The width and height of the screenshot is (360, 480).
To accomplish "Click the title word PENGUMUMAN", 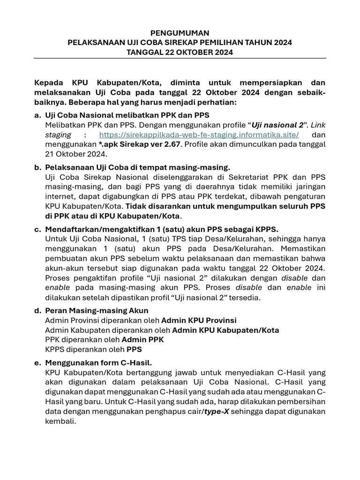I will coord(180,33).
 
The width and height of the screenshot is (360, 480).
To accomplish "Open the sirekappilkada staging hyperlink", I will coord(199,135).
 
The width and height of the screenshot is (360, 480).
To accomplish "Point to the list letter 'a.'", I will coord(38,115).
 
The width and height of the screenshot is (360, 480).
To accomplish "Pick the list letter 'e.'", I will coord(38,362).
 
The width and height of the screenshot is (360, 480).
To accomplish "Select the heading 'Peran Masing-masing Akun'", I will coord(97,310).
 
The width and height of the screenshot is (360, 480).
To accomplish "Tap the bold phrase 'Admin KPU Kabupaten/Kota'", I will coord(225,330).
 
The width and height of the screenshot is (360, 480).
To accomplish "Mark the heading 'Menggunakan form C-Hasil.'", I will coord(98,362).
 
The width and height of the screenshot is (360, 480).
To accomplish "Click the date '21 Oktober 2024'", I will coord(76,154).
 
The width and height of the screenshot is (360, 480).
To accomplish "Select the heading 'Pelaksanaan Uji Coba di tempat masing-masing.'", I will coord(138,167).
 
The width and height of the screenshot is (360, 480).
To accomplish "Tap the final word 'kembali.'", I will coord(60,421).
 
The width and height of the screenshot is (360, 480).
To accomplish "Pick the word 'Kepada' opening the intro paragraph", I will coord(49,82).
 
